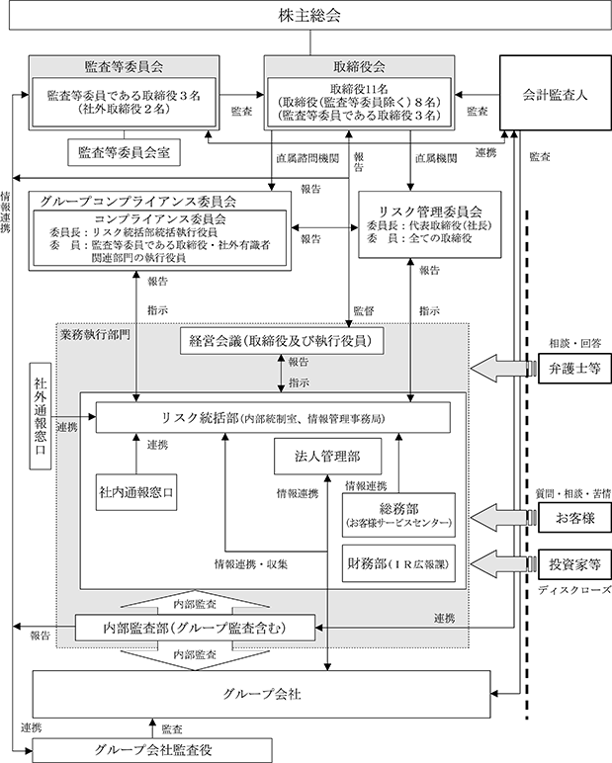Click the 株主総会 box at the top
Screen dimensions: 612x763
309,16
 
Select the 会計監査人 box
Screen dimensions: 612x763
555,93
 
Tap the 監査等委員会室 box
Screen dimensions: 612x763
124,152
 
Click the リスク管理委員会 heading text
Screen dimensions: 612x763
430,212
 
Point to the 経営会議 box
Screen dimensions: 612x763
282,341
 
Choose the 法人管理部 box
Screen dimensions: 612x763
327,456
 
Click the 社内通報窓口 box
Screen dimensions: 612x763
136,492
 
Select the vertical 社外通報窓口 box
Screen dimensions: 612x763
41,415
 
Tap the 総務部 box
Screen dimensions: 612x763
398,515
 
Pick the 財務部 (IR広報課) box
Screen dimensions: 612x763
398,563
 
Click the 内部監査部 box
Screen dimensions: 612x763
195,628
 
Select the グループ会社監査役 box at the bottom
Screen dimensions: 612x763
152,750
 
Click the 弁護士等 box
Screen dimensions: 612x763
574,369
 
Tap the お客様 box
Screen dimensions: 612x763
574,517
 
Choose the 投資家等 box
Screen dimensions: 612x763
574,564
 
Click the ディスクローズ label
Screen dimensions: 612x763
574,590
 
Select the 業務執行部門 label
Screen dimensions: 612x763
95,335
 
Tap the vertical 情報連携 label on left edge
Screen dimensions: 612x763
5,212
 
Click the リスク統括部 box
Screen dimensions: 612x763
273,417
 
